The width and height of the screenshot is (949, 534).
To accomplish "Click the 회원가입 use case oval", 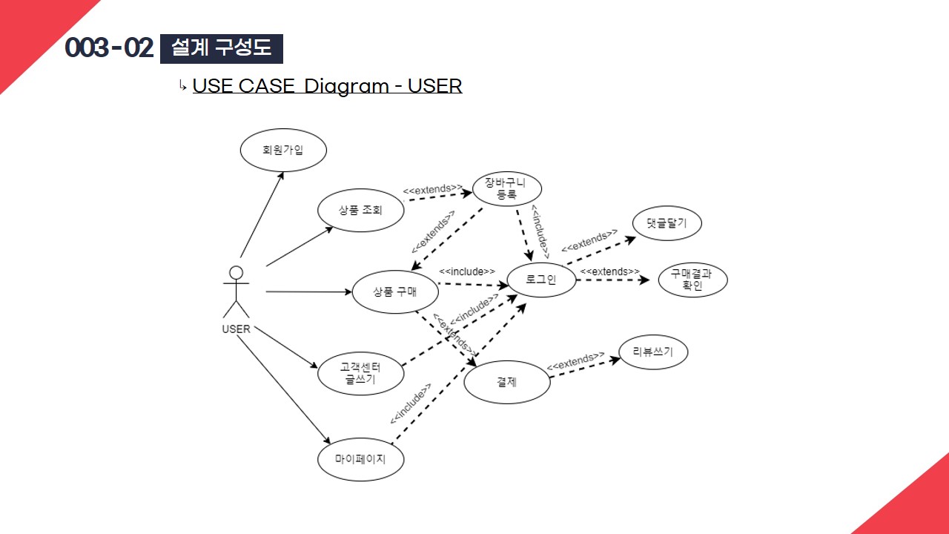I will (283, 150).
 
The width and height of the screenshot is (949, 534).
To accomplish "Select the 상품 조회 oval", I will (360, 210).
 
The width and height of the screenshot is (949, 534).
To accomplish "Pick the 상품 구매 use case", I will (395, 291).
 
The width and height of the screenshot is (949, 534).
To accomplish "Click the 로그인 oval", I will (541, 279).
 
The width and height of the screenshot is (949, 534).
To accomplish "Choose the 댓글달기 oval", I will (667, 222).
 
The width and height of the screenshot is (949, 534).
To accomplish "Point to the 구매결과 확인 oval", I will (692, 279).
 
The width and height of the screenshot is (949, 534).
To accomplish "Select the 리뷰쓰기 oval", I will (653, 352).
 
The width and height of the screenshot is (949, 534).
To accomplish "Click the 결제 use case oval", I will (507, 383).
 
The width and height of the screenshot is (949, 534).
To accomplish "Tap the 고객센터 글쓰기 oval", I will (360, 373).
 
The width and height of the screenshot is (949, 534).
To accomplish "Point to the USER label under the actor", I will (237, 329).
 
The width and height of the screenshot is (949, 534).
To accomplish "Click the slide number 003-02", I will (109, 48).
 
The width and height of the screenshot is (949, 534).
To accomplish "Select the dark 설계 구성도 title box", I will (222, 48).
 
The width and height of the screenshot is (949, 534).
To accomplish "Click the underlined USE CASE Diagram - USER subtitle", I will (327, 86).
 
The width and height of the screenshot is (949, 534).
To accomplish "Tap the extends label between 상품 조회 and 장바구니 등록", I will (433, 190).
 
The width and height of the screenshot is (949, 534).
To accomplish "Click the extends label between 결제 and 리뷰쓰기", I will (575, 362).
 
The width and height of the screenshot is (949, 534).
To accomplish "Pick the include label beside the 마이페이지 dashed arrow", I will (411, 404).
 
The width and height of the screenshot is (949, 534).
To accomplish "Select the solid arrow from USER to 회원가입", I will (262, 215).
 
